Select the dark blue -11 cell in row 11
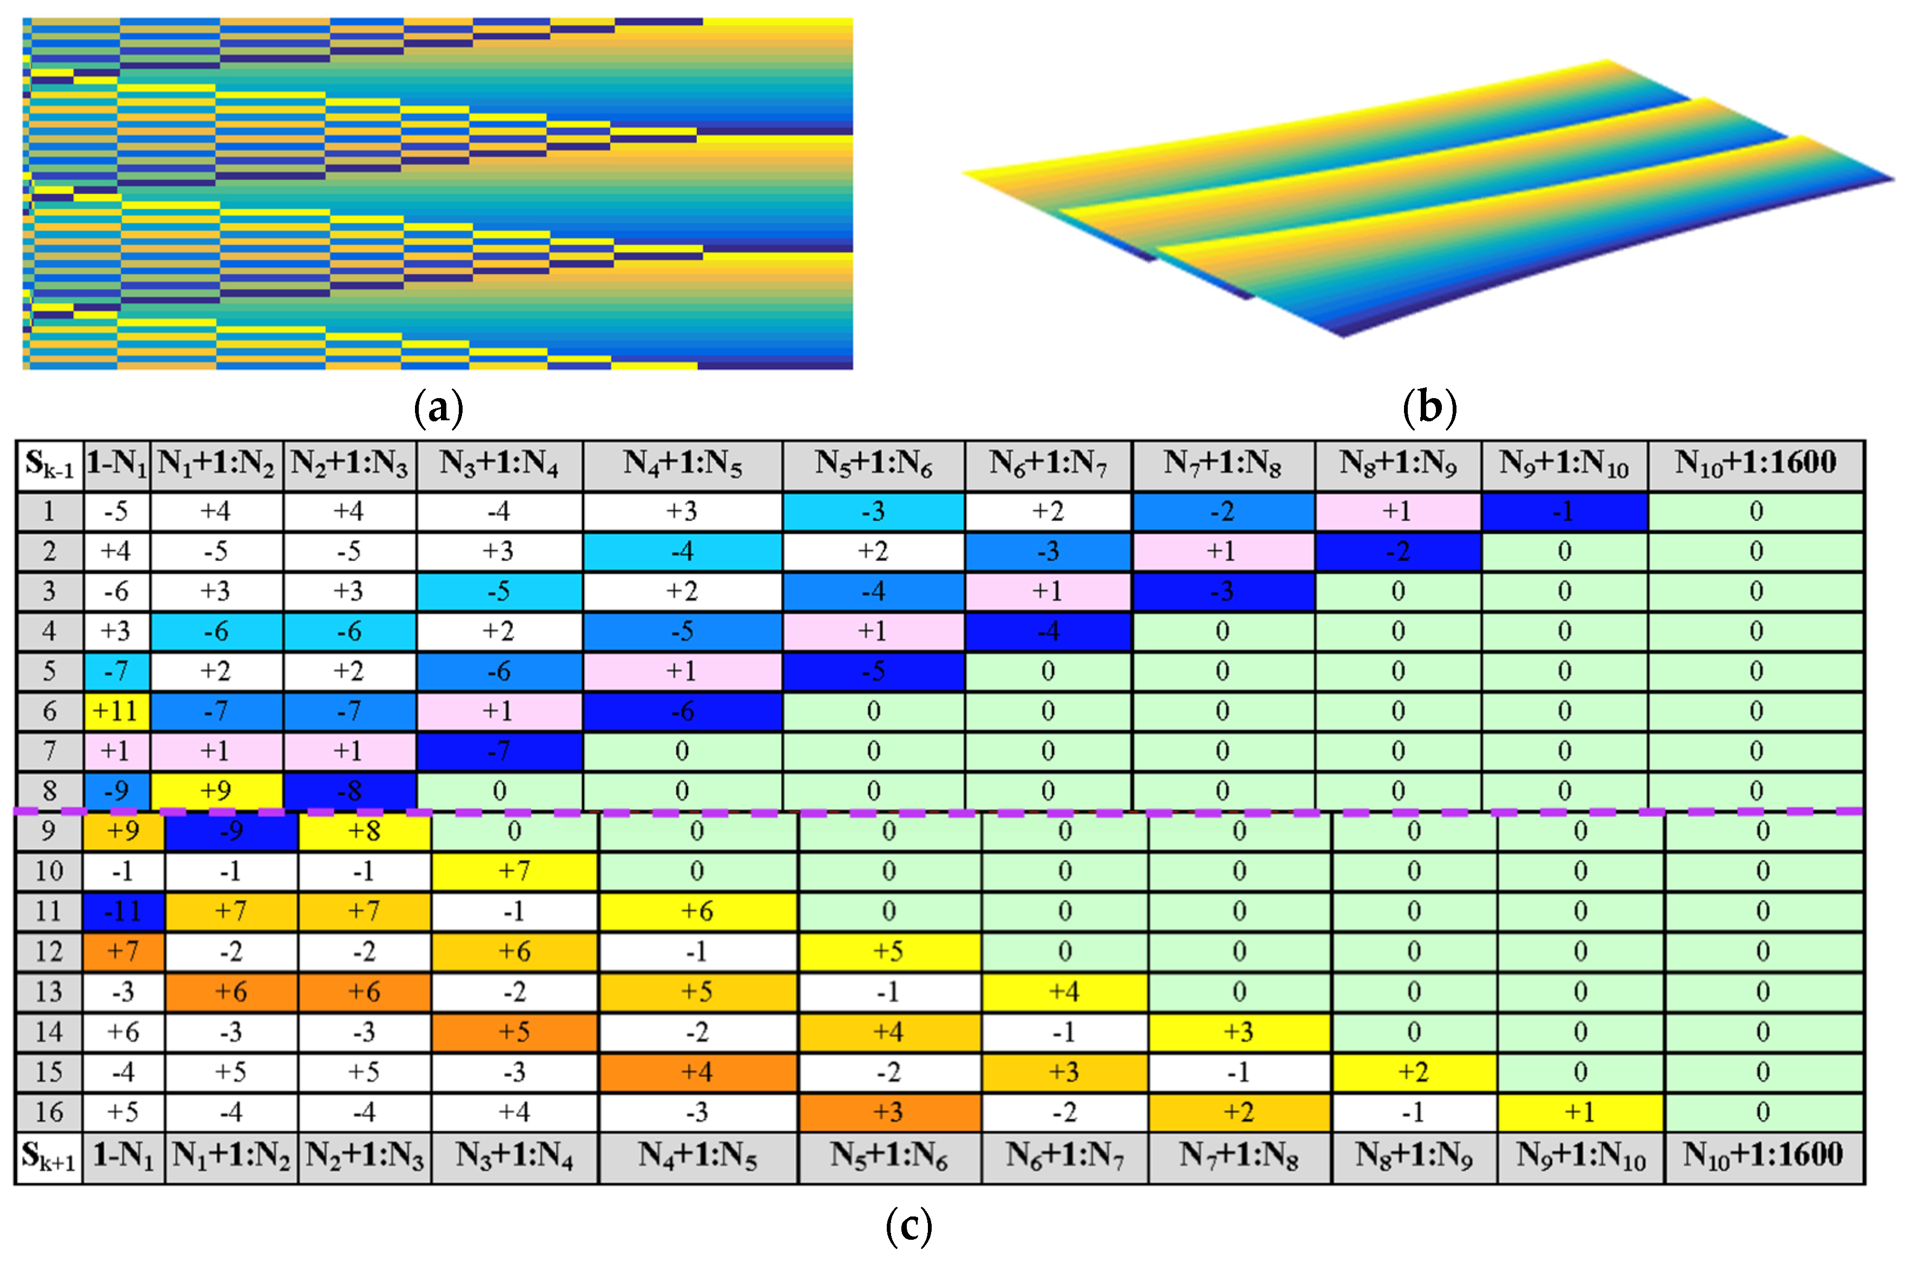point(123,911)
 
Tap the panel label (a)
point(438,408)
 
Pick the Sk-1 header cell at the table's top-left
point(49,465)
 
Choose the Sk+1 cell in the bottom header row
point(48,1158)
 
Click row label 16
point(48,1113)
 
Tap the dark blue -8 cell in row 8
point(350,791)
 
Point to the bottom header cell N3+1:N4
point(515,1158)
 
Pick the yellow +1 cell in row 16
point(1580,1113)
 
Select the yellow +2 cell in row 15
point(1414,1072)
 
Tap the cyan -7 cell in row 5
point(116,671)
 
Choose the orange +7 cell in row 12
point(123,951)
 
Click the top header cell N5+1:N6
point(873,465)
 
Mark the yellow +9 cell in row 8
point(216,791)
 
